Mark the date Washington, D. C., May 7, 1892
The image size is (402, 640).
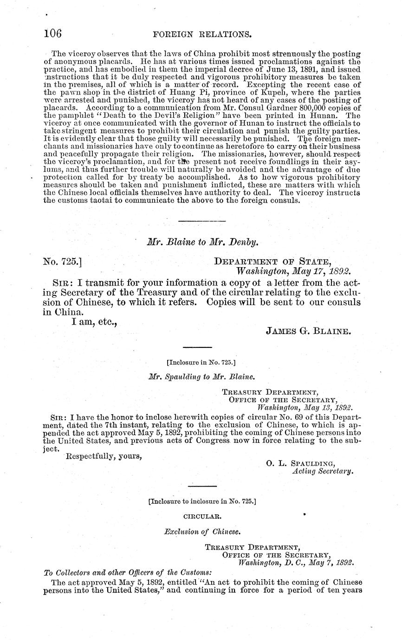click(296, 563)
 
